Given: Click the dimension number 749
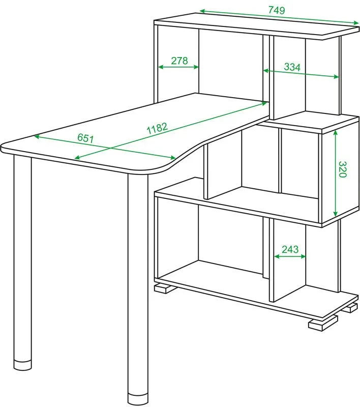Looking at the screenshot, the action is pos(277,10).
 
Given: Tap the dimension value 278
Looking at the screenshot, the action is pos(179,61).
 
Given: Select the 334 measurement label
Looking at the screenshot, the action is pos(292,67).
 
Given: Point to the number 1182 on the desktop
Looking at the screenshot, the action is pos(157,128).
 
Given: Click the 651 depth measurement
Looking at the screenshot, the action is pos(85,138).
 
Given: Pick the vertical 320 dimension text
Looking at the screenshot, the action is pos(343,169).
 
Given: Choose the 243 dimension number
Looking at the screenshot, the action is pos(290,249).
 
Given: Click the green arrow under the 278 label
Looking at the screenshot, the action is pos(178,67).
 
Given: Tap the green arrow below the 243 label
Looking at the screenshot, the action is pos(290,256).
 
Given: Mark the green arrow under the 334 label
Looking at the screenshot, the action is pos(301,73).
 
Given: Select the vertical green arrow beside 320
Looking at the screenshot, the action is pos(336,173).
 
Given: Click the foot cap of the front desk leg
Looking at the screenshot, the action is pos(138,401).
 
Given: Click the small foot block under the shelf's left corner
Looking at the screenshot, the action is pos(164,288).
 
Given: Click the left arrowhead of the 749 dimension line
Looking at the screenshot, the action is pos(202,11).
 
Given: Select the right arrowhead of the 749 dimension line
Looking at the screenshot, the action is pos(356,22).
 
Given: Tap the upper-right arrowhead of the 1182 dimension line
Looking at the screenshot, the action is pos(264,104).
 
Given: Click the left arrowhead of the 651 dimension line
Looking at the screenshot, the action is pos(37,136).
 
